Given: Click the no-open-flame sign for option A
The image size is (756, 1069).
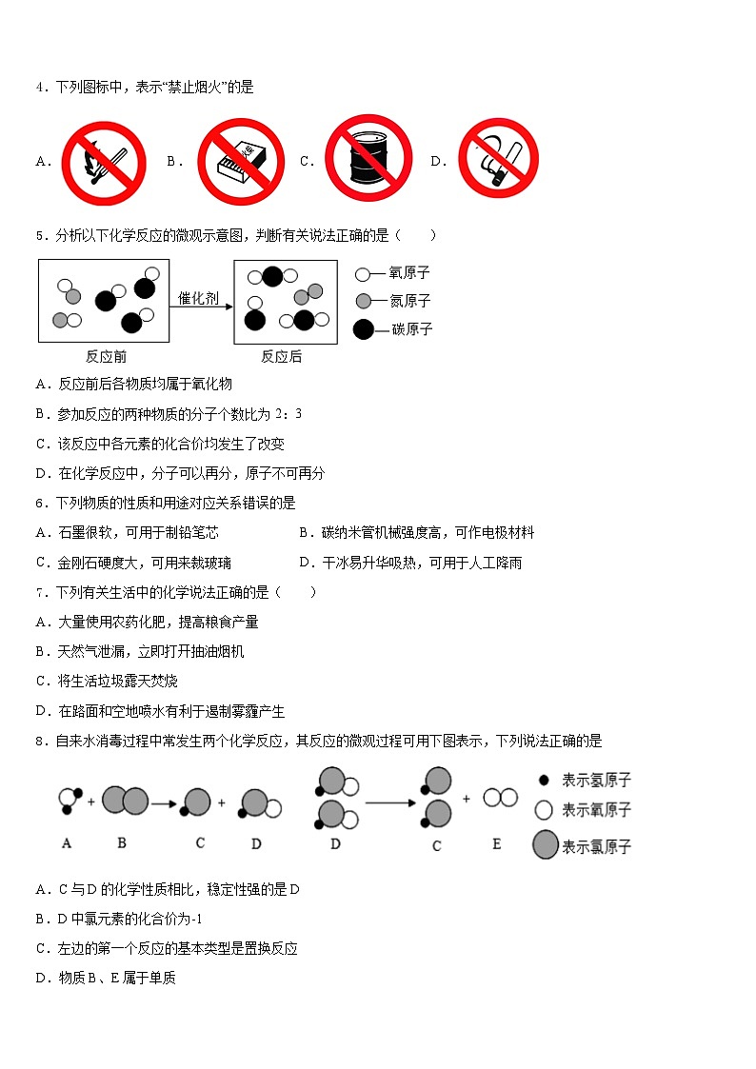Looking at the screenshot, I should pyautogui.click(x=103, y=163).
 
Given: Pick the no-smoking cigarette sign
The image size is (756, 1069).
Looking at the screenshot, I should pyautogui.click(x=497, y=161).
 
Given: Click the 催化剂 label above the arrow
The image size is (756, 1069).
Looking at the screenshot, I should pyautogui.click(x=199, y=298).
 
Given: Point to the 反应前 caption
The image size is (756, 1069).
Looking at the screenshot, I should pyautogui.click(x=106, y=357).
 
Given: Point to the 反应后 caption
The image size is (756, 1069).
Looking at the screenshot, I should pyautogui.click(x=282, y=357).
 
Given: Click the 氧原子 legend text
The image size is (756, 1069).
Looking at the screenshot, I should pyautogui.click(x=410, y=273).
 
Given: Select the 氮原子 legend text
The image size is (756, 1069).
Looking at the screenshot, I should pyautogui.click(x=410, y=301).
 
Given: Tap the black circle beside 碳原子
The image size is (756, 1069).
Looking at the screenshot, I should pyautogui.click(x=364, y=329).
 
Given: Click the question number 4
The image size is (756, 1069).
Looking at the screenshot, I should pyautogui.click(x=40, y=88).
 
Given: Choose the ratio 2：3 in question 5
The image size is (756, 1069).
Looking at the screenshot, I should pyautogui.click(x=288, y=414).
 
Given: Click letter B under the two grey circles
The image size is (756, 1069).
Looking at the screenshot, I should pyautogui.click(x=122, y=842).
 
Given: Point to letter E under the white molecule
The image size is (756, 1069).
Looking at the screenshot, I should pyautogui.click(x=496, y=843).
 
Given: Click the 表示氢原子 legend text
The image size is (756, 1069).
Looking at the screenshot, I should pyautogui.click(x=596, y=781).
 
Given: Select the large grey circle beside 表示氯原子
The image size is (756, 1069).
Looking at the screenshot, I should pyautogui.click(x=546, y=845).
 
